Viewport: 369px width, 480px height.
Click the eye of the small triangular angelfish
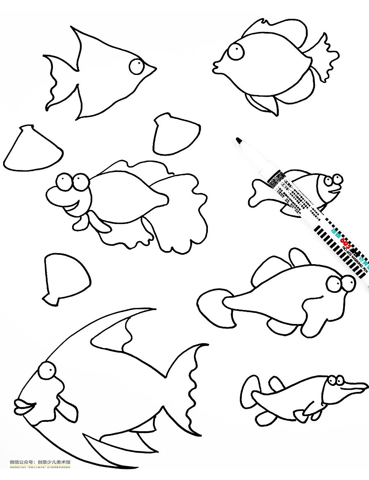point(137,66)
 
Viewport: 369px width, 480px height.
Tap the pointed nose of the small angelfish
point(153,68)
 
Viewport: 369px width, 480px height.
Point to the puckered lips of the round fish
point(216,66)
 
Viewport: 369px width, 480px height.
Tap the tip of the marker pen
point(238,140)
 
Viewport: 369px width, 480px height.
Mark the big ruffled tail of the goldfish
point(180,213)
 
